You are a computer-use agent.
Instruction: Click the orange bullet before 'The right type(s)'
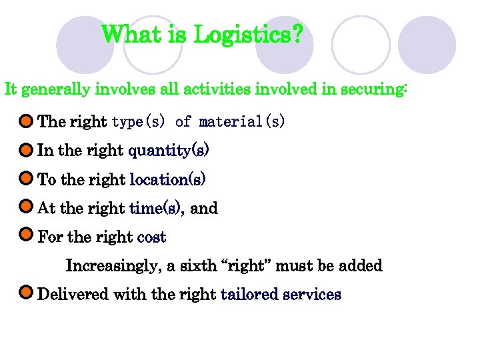(x=26, y=121)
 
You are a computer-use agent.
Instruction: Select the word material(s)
(x=242, y=122)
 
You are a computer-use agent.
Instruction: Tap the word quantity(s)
(x=169, y=151)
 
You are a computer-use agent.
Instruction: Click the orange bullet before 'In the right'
(x=26, y=150)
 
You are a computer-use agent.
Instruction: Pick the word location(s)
(x=167, y=180)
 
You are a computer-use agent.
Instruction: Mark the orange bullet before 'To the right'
(x=26, y=179)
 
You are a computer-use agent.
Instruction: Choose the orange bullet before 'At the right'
(x=26, y=208)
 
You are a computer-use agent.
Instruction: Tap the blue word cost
(x=151, y=237)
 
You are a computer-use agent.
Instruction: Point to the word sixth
(x=198, y=267)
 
